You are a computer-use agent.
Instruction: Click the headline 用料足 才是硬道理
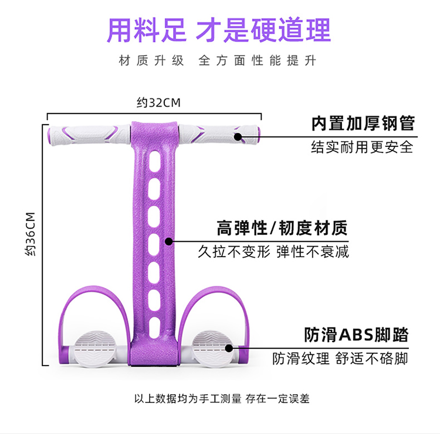click(x=218, y=30)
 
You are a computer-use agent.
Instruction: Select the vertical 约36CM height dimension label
click(x=32, y=235)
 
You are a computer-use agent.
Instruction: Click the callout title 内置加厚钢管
click(x=363, y=124)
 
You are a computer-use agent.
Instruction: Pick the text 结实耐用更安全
click(x=362, y=146)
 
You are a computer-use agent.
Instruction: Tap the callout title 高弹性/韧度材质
click(x=282, y=227)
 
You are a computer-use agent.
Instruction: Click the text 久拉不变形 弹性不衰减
click(x=273, y=252)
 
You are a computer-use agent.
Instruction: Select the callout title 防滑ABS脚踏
click(x=356, y=335)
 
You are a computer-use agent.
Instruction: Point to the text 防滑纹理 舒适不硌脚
click(x=340, y=358)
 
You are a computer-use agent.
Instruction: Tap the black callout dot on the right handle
click(x=238, y=137)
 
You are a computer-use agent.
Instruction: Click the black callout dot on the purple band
click(x=169, y=241)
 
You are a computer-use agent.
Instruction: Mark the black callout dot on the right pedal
click(x=229, y=348)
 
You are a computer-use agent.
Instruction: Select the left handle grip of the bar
click(x=88, y=134)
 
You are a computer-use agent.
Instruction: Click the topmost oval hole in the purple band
click(x=154, y=160)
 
